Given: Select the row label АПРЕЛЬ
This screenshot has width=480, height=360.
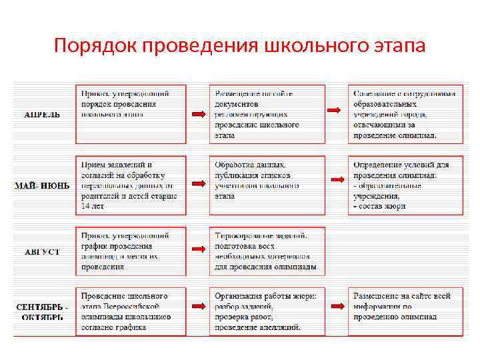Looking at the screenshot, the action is pos(42,114).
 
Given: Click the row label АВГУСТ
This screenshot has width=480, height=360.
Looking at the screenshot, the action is pos(42,252).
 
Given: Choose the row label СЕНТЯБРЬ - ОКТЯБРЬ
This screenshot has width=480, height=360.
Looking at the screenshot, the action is pos(42,311).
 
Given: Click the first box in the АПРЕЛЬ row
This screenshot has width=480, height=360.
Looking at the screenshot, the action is pos(131,114).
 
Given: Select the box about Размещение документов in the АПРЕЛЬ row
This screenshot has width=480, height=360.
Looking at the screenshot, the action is pos(267,114).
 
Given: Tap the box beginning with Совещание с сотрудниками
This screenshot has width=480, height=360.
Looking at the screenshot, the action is pos(405,114).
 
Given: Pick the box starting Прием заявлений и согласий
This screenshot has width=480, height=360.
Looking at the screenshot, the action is pos(131,185).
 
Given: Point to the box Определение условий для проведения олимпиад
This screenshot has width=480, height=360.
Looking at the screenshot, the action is pos(405,185).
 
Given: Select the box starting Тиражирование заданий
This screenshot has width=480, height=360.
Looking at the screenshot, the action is pos(267,250).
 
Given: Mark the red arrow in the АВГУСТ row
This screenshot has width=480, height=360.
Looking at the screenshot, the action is pos(197,248).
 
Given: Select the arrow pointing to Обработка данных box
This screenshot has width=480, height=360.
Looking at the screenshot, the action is pos(197,181).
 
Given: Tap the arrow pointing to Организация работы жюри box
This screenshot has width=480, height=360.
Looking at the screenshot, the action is pos(197,307).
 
